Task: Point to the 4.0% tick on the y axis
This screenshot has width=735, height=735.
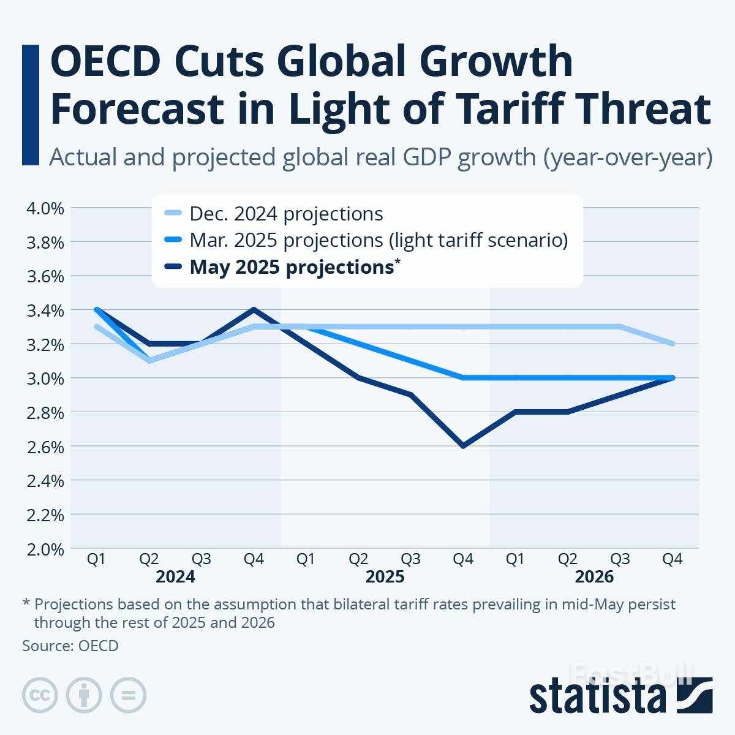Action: point(45,208)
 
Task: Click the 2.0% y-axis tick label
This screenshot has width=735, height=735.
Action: point(45,549)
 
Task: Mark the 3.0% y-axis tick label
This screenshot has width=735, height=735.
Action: point(45,379)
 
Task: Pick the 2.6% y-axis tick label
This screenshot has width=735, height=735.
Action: point(45,447)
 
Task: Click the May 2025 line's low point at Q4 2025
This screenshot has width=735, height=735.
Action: point(463,446)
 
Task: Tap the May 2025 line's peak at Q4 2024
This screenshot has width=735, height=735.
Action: point(254,309)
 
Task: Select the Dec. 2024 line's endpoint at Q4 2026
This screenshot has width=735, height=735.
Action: point(673,344)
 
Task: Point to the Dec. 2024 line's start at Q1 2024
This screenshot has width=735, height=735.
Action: point(96,326)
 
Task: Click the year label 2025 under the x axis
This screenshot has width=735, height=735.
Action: point(385,577)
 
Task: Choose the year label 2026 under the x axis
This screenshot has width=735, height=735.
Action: point(594,577)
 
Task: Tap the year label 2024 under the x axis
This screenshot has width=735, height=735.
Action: point(175,577)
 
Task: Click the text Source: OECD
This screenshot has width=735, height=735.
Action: point(70,646)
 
